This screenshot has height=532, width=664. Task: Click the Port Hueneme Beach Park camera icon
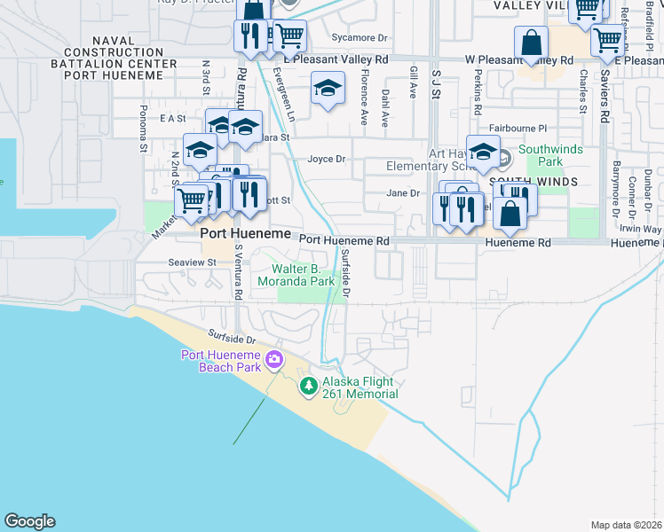pos(274,359)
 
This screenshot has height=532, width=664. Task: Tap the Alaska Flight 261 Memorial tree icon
pos(309,385)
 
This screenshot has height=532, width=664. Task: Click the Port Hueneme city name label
pos(245,233)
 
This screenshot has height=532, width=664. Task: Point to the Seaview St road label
pos(193,262)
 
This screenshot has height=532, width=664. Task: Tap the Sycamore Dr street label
pos(360,37)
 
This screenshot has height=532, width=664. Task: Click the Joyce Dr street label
pos(325,160)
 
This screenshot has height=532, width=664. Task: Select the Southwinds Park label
pos(552,156)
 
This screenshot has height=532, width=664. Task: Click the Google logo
pos(29,521)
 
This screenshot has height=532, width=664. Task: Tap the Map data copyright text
pos(626,525)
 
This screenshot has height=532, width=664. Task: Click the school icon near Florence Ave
pos(328,89)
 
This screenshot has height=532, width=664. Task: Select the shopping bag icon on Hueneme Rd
pos(511,213)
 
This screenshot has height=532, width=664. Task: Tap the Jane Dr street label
pos(403,193)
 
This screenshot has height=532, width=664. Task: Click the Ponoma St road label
pos(142,131)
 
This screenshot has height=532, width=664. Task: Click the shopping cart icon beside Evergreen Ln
pos(289,36)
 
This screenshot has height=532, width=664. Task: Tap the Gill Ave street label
pos(413,82)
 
